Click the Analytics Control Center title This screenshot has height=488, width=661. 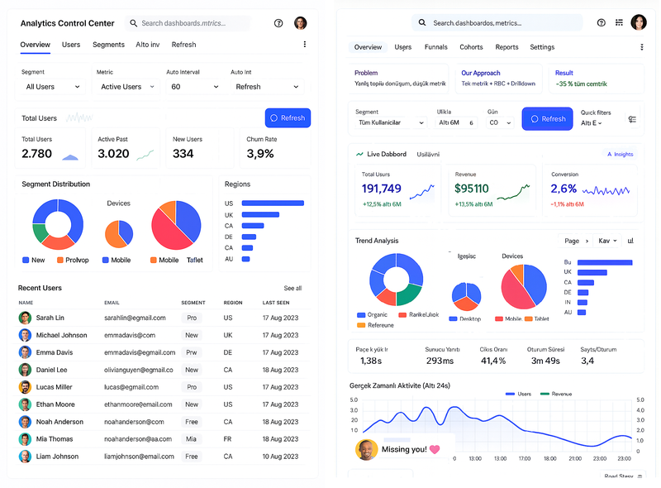click(68, 23)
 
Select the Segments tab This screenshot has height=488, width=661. click(108, 45)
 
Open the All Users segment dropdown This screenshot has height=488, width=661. click(53, 87)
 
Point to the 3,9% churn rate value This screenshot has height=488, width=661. click(260, 154)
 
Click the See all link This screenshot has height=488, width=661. click(292, 289)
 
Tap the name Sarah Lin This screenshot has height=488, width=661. click(50, 318)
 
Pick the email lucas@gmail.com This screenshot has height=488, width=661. click(130, 387)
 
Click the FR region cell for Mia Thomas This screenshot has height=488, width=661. click(228, 439)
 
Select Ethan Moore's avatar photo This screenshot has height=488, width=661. click(25, 404)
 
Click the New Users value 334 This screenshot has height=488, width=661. click(183, 154)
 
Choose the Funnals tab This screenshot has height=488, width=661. click(435, 47)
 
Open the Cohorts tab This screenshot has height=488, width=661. click(471, 47)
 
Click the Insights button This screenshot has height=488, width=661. click(619, 154)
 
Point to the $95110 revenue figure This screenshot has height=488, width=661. click(472, 189)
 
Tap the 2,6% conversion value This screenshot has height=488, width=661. click(564, 189)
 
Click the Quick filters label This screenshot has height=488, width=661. click(596, 112)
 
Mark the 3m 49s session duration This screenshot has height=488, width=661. click(544, 361)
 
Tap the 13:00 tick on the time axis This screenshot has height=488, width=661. click(475, 458)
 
